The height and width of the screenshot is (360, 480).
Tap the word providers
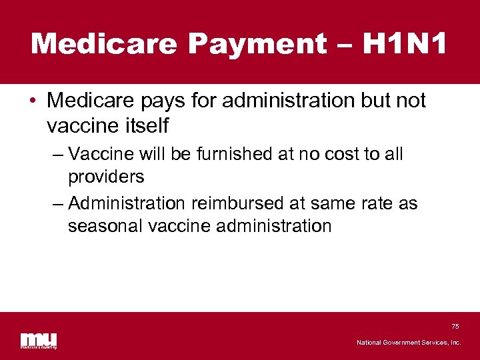105,177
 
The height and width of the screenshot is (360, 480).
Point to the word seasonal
105,226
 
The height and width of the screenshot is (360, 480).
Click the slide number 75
455,326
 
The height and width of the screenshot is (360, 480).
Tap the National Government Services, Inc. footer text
409,343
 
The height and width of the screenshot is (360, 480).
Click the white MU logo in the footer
38,339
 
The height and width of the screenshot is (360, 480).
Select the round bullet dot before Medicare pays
33,101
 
